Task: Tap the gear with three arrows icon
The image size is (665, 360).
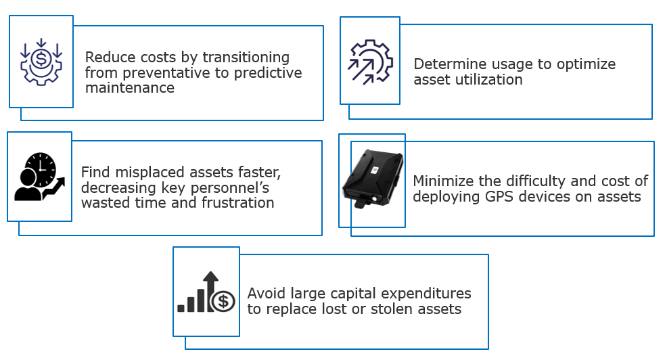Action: pos(370,62)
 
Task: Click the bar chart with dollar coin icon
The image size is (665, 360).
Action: pos(206,292)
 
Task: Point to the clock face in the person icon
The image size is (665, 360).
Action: pos(41,169)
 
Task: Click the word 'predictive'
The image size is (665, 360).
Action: pos(268,73)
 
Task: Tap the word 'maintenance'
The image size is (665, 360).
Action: pos(130,88)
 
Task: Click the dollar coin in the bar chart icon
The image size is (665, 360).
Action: pos(223,302)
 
